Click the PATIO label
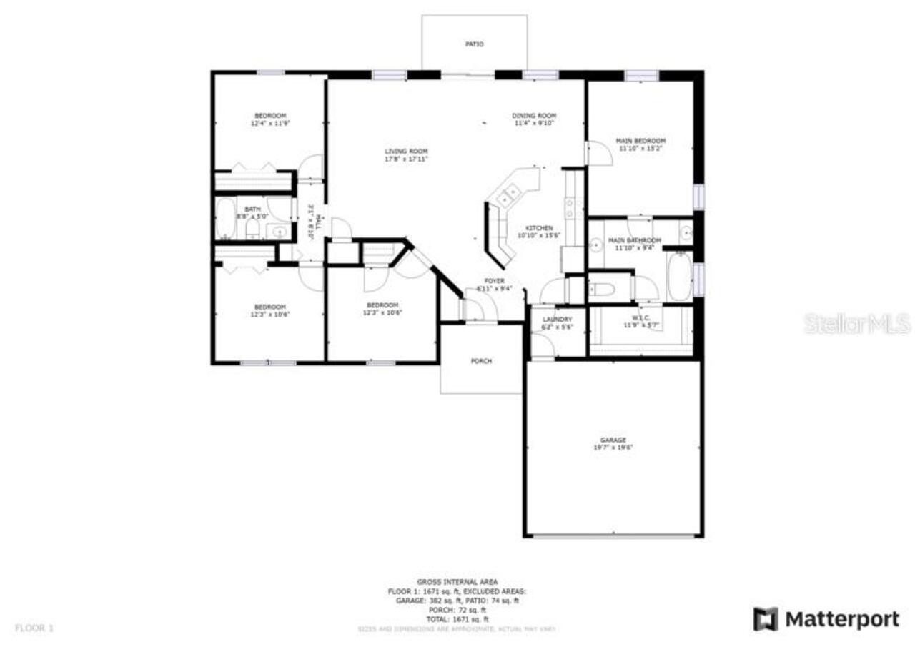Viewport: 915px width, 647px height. [475, 44]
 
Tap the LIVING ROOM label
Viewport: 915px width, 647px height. [406, 152]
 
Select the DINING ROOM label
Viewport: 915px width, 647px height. [534, 116]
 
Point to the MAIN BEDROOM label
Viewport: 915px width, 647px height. [640, 141]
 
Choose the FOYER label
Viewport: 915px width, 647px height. [495, 281]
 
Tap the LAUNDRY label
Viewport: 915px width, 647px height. [558, 320]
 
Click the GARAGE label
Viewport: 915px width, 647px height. [613, 440]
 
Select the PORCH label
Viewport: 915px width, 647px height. [481, 361]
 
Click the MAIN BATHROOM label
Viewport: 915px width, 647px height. [634, 240]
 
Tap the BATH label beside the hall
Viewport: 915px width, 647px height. [253, 209]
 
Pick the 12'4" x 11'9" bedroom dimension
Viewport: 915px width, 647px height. [270, 124]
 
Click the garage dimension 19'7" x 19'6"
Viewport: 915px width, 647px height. [613, 448]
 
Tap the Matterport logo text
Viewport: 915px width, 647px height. [842, 619]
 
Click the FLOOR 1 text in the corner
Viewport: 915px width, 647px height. [34, 628]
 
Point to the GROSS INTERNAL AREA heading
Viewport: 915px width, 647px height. [457, 582]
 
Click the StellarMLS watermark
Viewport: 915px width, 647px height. [857, 323]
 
